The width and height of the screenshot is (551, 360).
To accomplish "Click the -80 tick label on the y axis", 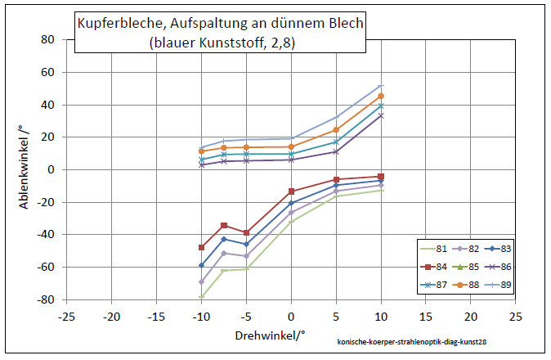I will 45,299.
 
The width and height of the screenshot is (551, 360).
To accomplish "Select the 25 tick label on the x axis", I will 515,315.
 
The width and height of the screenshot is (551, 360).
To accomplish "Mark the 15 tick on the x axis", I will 425,315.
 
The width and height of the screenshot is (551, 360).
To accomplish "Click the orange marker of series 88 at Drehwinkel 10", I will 380,97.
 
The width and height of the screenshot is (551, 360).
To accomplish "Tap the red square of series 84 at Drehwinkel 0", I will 291,191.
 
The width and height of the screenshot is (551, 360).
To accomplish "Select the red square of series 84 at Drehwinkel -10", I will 202,247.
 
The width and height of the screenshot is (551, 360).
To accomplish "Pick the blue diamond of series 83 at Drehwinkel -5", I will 246,244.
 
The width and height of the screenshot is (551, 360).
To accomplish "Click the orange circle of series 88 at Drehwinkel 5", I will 336,130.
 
